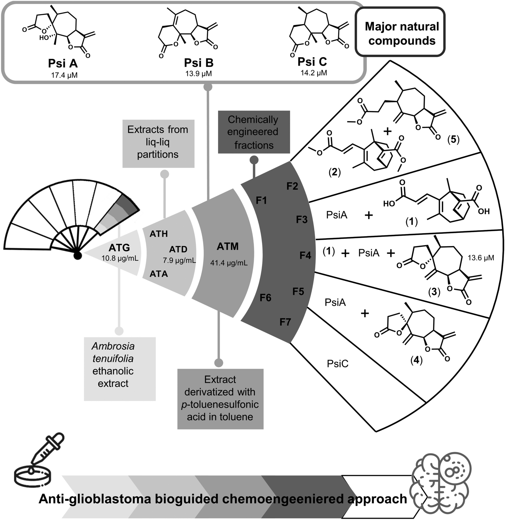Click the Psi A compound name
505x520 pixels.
click(63, 64)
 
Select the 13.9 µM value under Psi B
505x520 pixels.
click(199, 74)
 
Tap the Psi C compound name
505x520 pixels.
click(312, 62)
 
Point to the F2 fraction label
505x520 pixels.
click(292, 186)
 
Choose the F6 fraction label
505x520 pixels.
click(265, 298)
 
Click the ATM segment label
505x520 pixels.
click(227, 246)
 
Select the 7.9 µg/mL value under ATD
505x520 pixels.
click(179, 260)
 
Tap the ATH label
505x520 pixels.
click(159, 234)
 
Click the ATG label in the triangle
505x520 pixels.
click(119, 247)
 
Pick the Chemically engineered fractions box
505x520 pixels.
click(254, 132)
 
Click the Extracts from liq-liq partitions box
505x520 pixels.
click(158, 142)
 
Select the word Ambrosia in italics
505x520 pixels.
click(113, 346)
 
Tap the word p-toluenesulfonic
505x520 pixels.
click(220, 404)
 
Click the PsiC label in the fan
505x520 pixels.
click(338, 364)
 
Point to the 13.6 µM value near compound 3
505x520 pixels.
click(481, 258)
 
